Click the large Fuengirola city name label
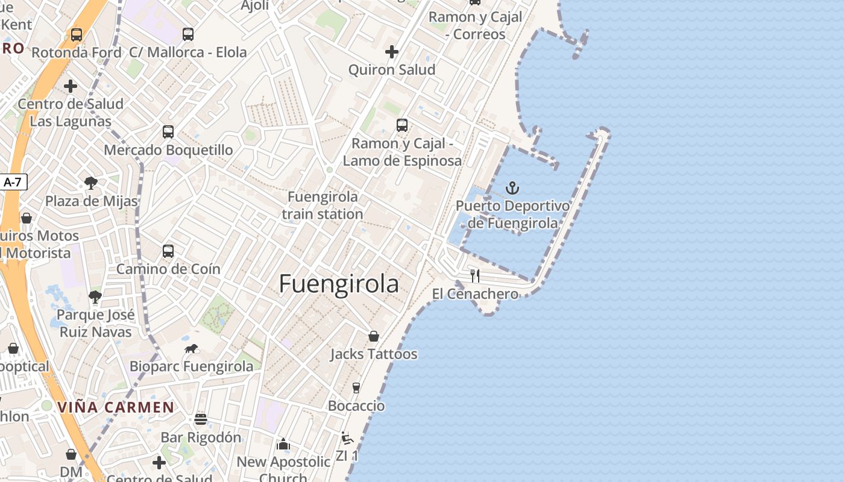pos(339,284)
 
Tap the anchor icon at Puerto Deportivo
pos(512,188)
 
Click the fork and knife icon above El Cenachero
pos(475,276)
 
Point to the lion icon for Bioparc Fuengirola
pos(191,349)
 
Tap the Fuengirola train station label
pos(323,205)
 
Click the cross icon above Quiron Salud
pos(392,52)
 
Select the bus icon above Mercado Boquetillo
pos(168,131)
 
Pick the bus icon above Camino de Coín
pos(168,251)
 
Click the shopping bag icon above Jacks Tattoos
pos(374,336)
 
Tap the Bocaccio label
pos(356,405)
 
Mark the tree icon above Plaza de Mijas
pos(91,183)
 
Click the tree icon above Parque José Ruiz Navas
pos(95,296)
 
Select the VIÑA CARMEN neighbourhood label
pos(116,407)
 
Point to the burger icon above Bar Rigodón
pos(201,419)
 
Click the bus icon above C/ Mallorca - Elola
pos(188,34)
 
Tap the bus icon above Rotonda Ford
pos(77,34)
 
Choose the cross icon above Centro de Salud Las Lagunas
pos(71,86)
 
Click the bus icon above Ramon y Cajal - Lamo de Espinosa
pos(402,125)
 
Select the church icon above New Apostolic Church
pos(283,445)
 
